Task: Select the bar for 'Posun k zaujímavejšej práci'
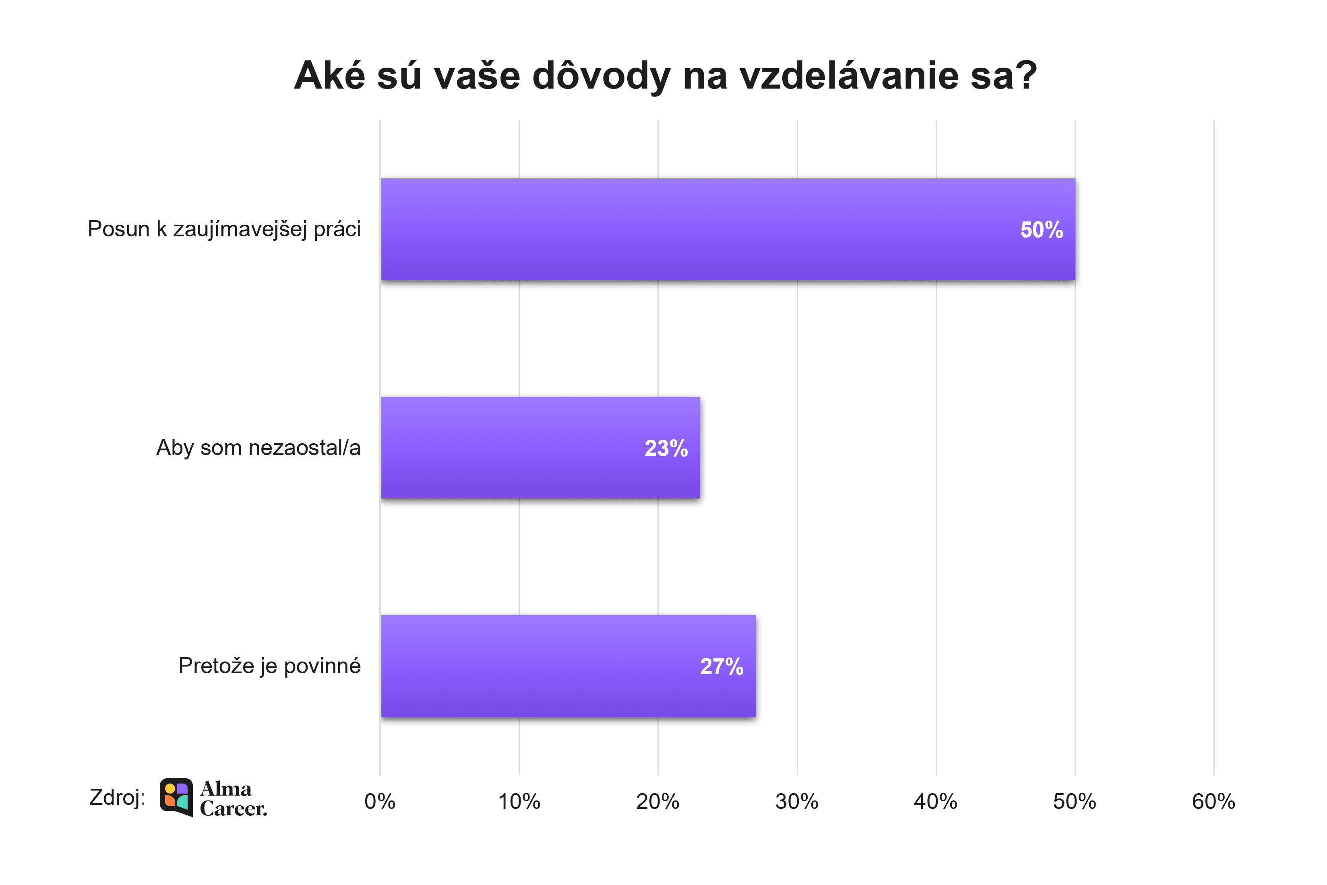pos(728,229)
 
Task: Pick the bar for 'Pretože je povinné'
pos(568,666)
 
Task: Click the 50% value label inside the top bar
pos(1041,230)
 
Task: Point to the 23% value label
pos(666,448)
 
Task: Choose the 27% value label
pos(721,667)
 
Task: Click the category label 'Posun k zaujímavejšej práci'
pos(224,229)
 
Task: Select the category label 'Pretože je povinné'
pos(269,666)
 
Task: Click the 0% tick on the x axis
pos(380,802)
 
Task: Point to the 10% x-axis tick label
pos(519,802)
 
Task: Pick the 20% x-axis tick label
pos(657,802)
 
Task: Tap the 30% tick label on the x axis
pos(797,802)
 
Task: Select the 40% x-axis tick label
pos(935,802)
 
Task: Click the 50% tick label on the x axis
pos(1074,802)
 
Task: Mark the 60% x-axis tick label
pos(1213,802)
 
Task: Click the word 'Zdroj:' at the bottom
pos(117,798)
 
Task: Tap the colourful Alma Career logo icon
pos(176,797)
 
